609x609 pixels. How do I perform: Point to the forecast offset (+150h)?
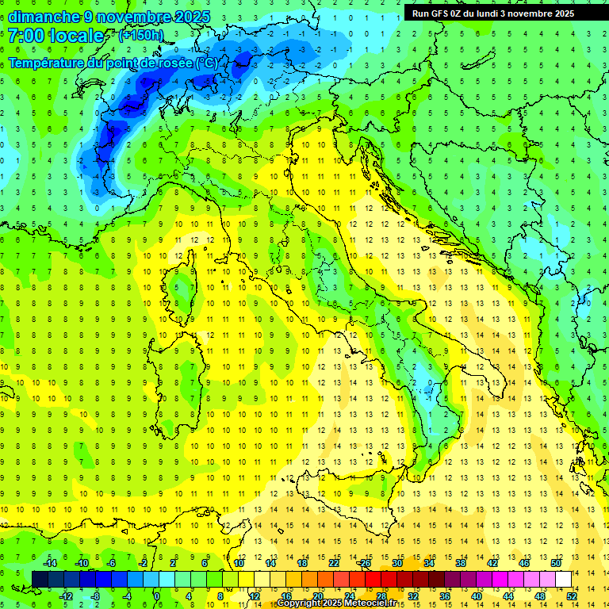click(x=141, y=35)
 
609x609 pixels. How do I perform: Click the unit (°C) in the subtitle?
click(x=208, y=63)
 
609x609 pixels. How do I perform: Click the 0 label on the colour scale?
click(x=157, y=596)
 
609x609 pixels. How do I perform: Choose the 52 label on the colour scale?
click(x=573, y=596)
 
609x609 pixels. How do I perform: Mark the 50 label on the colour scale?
click(x=556, y=563)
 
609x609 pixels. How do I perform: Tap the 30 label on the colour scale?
click(x=397, y=563)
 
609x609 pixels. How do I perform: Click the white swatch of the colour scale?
click(x=564, y=579)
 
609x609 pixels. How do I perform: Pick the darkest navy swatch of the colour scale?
click(x=40, y=579)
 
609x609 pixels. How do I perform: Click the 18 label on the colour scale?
click(x=302, y=563)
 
